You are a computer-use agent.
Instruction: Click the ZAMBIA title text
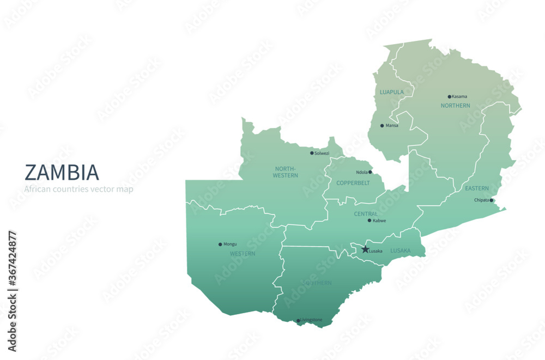[x=62, y=172]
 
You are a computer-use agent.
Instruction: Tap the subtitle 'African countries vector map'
[x=78, y=190]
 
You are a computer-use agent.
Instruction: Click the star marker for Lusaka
[x=365, y=249]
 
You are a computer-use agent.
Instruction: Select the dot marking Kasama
[x=450, y=96]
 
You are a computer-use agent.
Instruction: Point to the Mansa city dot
[x=382, y=125]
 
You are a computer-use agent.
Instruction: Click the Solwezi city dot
[x=312, y=153]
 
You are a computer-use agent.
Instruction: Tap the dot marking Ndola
[x=370, y=172]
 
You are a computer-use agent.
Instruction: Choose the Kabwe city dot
[x=370, y=221]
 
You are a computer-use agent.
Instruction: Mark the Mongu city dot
[x=220, y=244]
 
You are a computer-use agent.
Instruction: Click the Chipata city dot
[x=492, y=200]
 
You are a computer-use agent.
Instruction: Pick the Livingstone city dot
[x=298, y=321]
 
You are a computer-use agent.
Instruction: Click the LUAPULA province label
[x=392, y=92]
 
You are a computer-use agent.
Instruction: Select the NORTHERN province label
[x=455, y=106]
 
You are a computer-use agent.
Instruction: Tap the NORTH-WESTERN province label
[x=286, y=172]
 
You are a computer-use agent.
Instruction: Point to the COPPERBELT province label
[x=353, y=183]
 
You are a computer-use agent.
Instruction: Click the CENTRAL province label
[x=366, y=214]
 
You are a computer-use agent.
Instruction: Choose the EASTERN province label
[x=477, y=188]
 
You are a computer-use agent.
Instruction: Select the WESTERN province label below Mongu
[x=243, y=254]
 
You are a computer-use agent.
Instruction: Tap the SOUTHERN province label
[x=316, y=283]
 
